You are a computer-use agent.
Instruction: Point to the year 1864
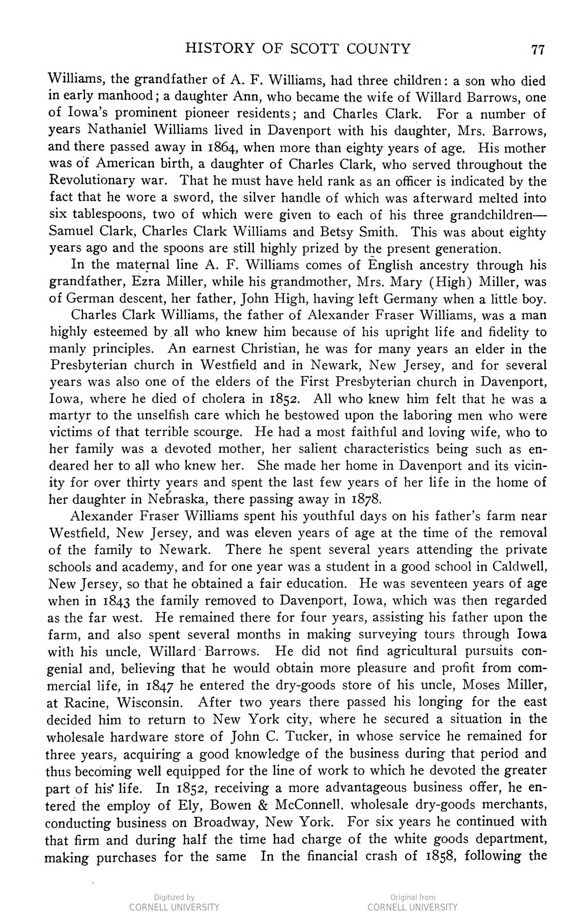click(x=220, y=147)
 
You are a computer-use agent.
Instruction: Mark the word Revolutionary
click(x=92, y=180)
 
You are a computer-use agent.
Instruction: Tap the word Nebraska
click(x=177, y=499)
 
